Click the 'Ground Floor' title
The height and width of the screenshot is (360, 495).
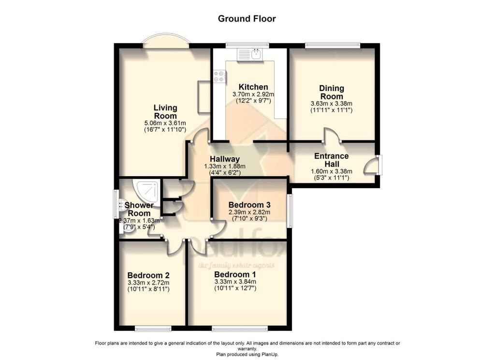pyautogui.click(x=247, y=19)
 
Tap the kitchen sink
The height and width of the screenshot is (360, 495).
pyautogui.click(x=253, y=55)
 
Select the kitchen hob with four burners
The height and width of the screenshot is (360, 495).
pyautogui.click(x=218, y=77)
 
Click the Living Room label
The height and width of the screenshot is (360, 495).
pyautogui.click(x=165, y=112)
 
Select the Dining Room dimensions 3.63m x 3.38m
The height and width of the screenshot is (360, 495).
pyautogui.click(x=331, y=104)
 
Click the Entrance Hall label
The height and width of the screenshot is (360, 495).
pyautogui.click(x=331, y=160)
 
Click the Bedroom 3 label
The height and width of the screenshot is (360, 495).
pyautogui.click(x=249, y=204)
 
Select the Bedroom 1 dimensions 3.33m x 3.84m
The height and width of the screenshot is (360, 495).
pyautogui.click(x=235, y=282)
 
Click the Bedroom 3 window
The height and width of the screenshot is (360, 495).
pyautogui.click(x=290, y=210)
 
